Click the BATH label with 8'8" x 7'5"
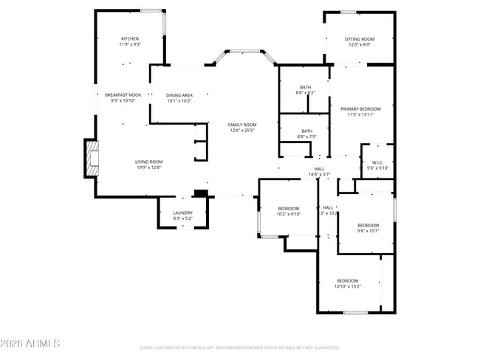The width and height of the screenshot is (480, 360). click(306, 134)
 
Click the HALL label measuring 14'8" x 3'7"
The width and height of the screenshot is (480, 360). click(319, 172)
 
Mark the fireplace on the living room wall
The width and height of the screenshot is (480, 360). click(91, 159)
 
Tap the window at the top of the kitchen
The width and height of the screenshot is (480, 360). click(151, 10)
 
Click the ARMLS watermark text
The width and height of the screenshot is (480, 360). click(30, 344)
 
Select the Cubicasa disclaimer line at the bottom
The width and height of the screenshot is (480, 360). click(239, 347)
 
